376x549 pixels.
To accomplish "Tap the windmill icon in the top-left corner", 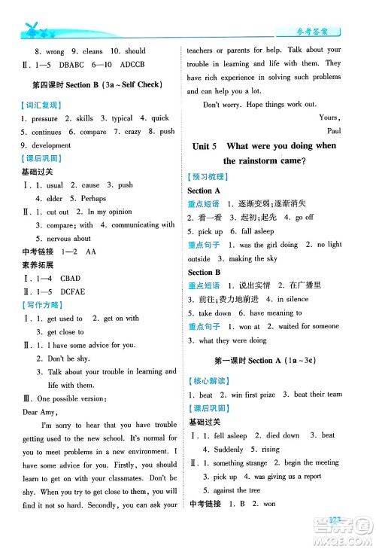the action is tap(32, 29).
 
